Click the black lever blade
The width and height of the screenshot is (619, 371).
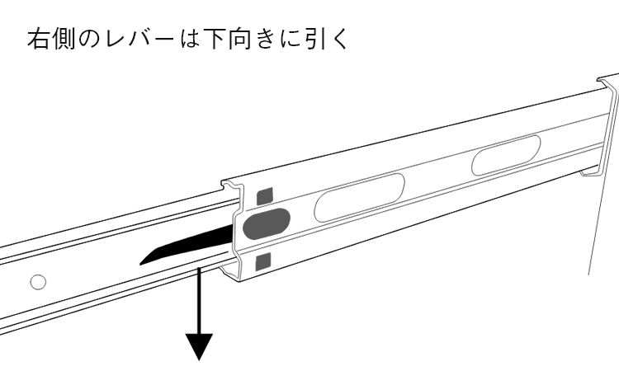point(186,247)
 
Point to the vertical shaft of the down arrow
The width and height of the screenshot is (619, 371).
point(200,301)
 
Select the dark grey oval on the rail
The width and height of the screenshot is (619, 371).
point(266,223)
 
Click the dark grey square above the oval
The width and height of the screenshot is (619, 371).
point(265,196)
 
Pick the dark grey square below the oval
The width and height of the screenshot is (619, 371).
point(263,262)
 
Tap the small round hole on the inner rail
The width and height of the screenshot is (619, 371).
point(38,282)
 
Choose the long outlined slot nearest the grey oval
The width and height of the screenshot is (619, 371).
point(359,197)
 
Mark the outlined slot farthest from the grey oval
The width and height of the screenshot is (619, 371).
point(506,155)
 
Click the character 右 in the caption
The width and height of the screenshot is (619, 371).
point(38,39)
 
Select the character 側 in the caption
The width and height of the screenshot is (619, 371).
point(64,39)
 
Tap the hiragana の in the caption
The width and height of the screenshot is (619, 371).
point(89,40)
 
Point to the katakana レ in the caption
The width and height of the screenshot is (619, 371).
point(115,39)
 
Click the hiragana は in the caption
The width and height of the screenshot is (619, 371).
point(190,39)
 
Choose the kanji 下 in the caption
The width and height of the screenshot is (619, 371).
point(215,39)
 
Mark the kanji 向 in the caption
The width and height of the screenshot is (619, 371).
point(241,39)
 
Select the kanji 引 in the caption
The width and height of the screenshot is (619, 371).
point(317,39)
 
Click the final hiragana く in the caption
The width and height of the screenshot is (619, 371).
point(339,39)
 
